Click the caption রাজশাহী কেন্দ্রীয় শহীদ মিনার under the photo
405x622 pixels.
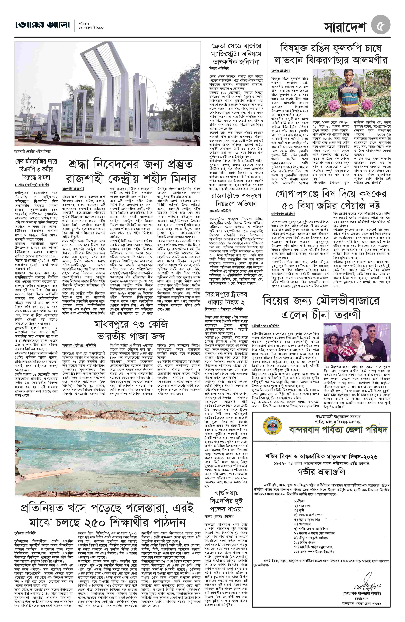pos(33,151)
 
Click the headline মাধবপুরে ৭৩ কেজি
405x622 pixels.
pos(131,325)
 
